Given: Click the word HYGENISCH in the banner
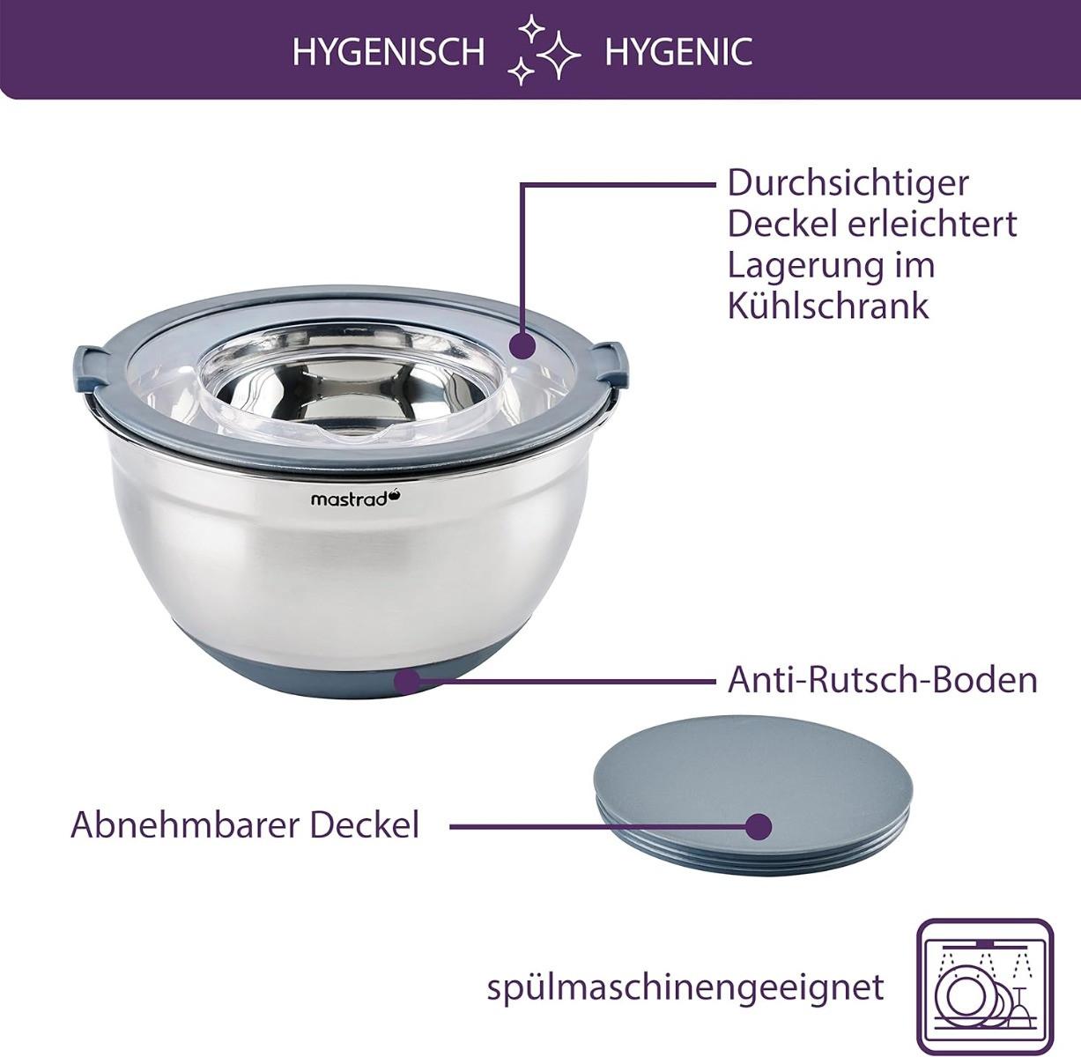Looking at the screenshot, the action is point(389,52).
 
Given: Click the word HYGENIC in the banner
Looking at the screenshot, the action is point(678,52).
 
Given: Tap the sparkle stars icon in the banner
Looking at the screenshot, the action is point(544,50).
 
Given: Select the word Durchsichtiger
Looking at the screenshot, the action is point(848,184).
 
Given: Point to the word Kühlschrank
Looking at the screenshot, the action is point(828,306).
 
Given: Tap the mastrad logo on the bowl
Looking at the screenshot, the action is point(356,499).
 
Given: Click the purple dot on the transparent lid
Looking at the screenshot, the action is point(522,345).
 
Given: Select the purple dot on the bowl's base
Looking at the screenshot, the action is point(406,680).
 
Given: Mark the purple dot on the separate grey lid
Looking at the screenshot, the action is point(759,826).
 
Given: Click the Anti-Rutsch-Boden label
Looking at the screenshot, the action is point(882,679).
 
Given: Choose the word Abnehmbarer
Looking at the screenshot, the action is point(185,824).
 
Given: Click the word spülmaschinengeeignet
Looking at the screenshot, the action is point(685,987).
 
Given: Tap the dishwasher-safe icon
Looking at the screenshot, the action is point(984,987).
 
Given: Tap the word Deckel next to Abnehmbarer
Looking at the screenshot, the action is point(365,824).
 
